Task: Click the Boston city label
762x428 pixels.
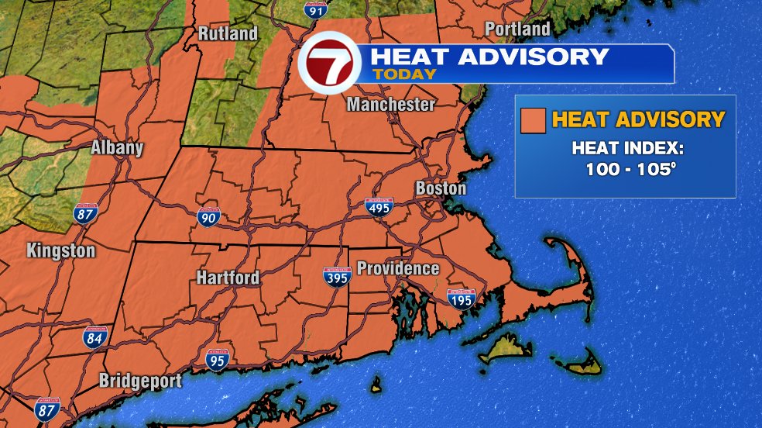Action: [x=441, y=188]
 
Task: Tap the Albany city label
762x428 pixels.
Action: [x=117, y=148]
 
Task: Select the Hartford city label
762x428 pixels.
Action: [x=227, y=278]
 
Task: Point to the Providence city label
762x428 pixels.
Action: [x=397, y=269]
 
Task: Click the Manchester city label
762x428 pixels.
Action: [x=390, y=105]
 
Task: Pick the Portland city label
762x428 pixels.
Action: [x=517, y=29]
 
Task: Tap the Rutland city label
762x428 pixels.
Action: [x=227, y=34]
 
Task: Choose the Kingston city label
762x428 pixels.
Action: [x=60, y=251]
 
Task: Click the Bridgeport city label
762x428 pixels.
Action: [x=140, y=381]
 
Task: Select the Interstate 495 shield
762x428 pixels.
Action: [x=379, y=206]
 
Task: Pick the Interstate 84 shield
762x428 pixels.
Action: [x=96, y=337]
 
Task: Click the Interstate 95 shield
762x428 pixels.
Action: [x=218, y=359]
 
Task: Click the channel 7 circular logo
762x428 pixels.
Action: [x=329, y=61]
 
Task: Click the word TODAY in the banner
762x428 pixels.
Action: [x=404, y=74]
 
